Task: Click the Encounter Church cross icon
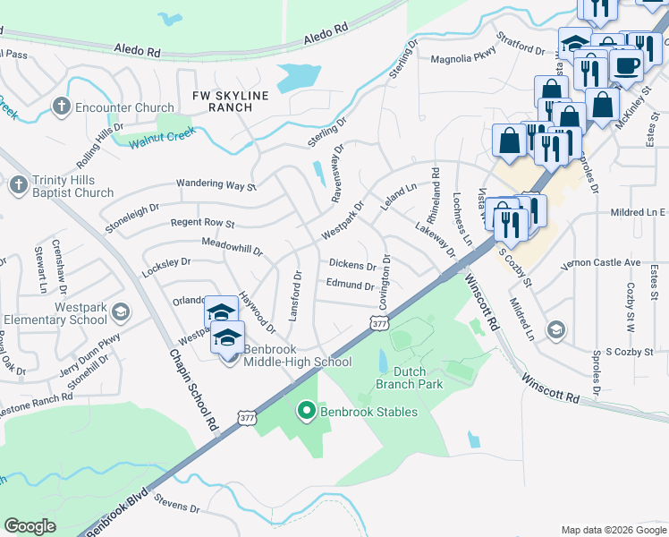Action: coord(62,107)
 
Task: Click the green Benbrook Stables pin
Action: coord(306,412)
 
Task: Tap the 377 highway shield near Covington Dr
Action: coord(379,323)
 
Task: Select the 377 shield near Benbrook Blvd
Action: coord(248,417)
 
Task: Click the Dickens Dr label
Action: coord(352,265)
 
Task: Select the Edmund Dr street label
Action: coord(350,286)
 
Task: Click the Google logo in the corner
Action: coord(30,526)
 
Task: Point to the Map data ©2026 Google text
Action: coord(613,530)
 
